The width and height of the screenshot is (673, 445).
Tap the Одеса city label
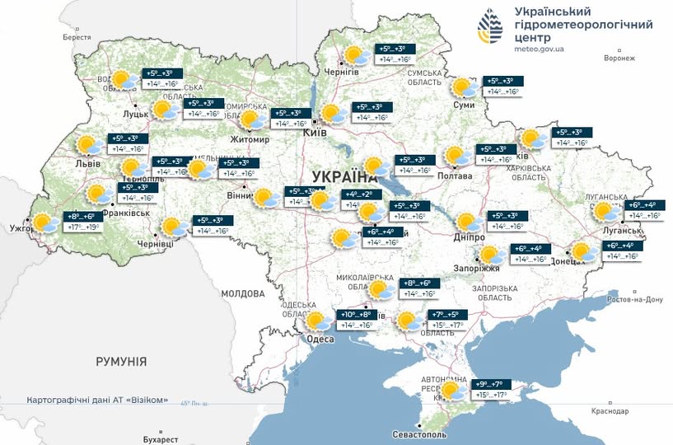320,340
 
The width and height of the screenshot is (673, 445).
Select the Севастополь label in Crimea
420,433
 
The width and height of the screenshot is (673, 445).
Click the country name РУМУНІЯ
121,362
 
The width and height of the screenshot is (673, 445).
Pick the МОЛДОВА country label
242,293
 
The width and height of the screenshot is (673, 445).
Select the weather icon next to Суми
464,87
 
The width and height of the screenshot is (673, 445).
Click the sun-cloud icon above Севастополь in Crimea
452,391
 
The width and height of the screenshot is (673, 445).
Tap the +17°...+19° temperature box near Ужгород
82,227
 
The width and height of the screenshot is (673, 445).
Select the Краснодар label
610,411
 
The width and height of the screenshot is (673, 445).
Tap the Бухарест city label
160,438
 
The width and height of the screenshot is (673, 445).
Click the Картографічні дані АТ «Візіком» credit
97,400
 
